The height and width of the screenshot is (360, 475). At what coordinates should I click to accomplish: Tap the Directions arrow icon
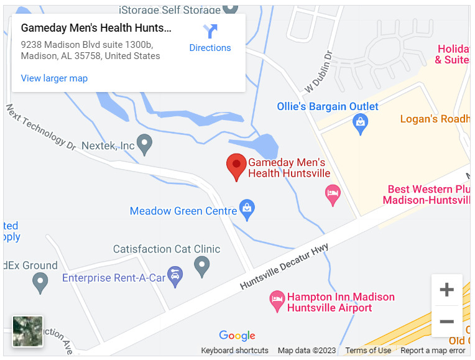pos(210,31)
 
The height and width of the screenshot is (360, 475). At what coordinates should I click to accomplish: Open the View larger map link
pos(54,78)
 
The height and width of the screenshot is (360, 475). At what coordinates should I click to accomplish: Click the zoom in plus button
pos(446,290)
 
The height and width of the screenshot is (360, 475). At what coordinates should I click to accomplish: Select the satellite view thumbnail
pos(28,331)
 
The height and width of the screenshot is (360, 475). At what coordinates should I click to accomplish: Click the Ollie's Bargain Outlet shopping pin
pos(361,124)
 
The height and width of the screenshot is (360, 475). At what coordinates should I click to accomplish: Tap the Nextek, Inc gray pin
pos(144,145)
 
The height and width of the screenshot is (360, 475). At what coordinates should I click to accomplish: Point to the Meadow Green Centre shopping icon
pos(247,209)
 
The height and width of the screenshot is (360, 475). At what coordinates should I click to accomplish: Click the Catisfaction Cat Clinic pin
pos(201,266)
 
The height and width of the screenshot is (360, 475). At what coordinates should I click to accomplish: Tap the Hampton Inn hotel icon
pos(277,302)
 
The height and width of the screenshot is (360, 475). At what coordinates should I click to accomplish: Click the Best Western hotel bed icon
pos(333,195)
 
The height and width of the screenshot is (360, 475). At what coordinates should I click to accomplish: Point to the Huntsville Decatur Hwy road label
pos(284,267)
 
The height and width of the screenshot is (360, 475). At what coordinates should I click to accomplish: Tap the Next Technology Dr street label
pos(40,127)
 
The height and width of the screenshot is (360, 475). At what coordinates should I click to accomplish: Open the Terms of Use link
pos(368,351)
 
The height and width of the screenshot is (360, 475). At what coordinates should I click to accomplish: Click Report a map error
pos(433,351)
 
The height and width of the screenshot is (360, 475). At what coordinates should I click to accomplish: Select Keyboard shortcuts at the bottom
pos(234,351)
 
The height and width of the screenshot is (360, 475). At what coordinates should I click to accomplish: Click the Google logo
pos(237,336)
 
